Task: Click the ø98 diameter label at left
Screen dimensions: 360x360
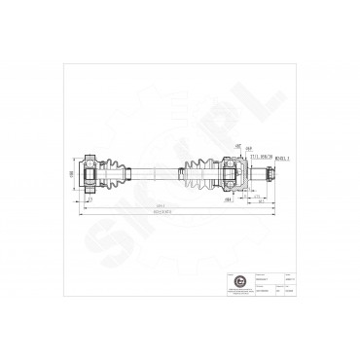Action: (x=71, y=174)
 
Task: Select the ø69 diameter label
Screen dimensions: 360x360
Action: (x=248, y=147)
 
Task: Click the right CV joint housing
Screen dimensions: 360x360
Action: (x=233, y=175)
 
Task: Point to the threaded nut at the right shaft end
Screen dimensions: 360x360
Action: (x=270, y=175)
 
